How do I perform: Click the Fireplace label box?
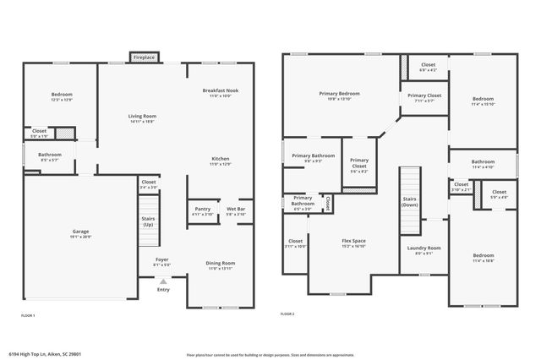pyautogui.click(x=143, y=57)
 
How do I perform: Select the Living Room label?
pyautogui.click(x=142, y=118)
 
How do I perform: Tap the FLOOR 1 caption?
pyautogui.click(x=29, y=314)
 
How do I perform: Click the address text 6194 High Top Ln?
pyautogui.click(x=36, y=354)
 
